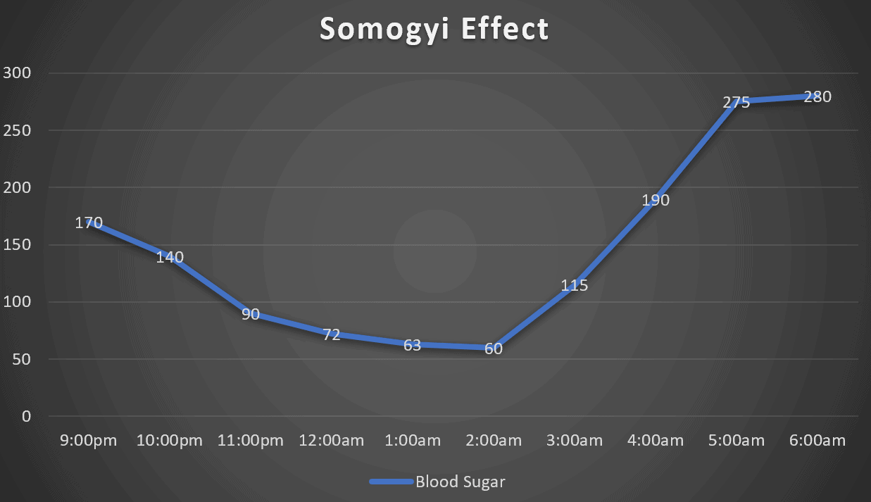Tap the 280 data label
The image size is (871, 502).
coord(817,96)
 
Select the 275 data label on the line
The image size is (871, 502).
coord(737,102)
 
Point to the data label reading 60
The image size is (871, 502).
coord(494,348)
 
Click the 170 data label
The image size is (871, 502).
coord(89,223)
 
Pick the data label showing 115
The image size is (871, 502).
coord(575,286)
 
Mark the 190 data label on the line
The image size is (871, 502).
coord(656,200)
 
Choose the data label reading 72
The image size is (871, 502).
coord(332,334)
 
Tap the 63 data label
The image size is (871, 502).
coord(413,345)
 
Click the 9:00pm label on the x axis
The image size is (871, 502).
coord(89,441)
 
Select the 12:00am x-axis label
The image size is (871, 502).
coord(332,441)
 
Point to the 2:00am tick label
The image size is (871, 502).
coord(494,441)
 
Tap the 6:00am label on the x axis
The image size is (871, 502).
coord(817,441)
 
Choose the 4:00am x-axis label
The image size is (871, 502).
coord(656,441)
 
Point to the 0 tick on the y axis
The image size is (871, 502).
coord(26,416)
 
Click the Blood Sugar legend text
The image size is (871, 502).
coord(460,482)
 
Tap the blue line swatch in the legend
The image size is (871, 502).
coord(391,482)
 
